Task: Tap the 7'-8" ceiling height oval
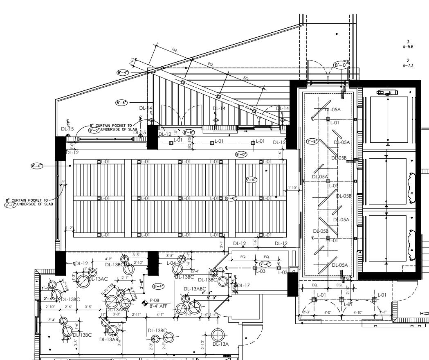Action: pyautogui.click(x=312, y=142)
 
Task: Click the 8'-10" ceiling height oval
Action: pyautogui.click(x=251, y=180)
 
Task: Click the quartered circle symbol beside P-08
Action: pyautogui.click(x=144, y=303)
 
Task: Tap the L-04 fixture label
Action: pyautogui.click(x=171, y=263)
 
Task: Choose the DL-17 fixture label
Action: pyautogui.click(x=244, y=285)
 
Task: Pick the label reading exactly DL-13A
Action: pyautogui.click(x=220, y=344)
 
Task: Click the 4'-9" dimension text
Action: pyautogui.click(x=109, y=259)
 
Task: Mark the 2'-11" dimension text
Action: pyautogui.click(x=136, y=314)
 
